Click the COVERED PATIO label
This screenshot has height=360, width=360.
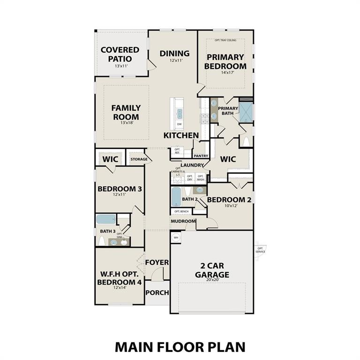(120, 54)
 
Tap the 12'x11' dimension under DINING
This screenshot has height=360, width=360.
(174, 60)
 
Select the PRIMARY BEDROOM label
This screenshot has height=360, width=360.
(225, 62)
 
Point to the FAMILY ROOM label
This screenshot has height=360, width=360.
(126, 112)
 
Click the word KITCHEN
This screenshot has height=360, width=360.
(181, 135)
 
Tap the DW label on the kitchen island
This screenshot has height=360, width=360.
(180, 124)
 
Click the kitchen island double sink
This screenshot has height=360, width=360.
(179, 113)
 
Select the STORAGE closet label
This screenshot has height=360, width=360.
(139, 159)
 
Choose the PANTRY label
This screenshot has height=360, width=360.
(201, 156)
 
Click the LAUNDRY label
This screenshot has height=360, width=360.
(189, 165)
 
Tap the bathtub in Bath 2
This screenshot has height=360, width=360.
(176, 197)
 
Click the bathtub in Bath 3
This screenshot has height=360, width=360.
(106, 219)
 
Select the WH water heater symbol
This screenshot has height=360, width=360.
(176, 238)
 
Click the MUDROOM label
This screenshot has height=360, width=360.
(183, 221)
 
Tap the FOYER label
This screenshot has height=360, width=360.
(157, 262)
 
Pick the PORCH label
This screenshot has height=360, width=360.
(157, 292)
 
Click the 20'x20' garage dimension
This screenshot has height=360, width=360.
(212, 281)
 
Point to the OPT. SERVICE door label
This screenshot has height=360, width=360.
(260, 250)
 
